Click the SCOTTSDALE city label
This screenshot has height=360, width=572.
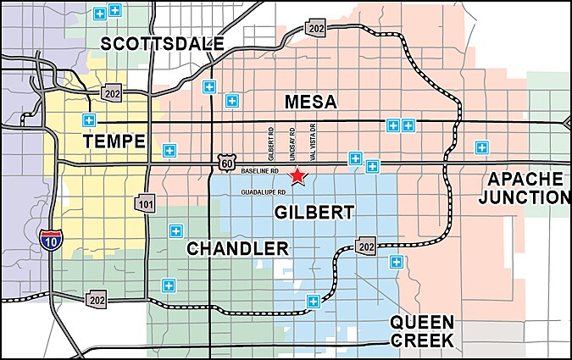(162, 43)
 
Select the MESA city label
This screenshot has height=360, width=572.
(310, 102)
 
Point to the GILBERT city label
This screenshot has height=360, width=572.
(314, 213)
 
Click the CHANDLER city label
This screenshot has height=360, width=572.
(236, 248)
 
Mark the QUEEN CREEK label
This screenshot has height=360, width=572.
(421, 331)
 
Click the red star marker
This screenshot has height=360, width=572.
(297, 176)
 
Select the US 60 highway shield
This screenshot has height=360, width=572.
(226, 161)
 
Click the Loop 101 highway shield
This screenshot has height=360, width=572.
(146, 203)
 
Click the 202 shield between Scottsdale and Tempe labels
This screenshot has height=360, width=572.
(111, 91)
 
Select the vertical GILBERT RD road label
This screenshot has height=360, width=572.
(271, 143)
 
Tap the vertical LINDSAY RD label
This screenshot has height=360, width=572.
(292, 143)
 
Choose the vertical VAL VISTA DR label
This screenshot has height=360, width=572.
(313, 142)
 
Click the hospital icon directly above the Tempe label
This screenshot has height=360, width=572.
(88, 119)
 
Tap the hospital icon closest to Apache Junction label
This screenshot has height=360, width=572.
(481, 147)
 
